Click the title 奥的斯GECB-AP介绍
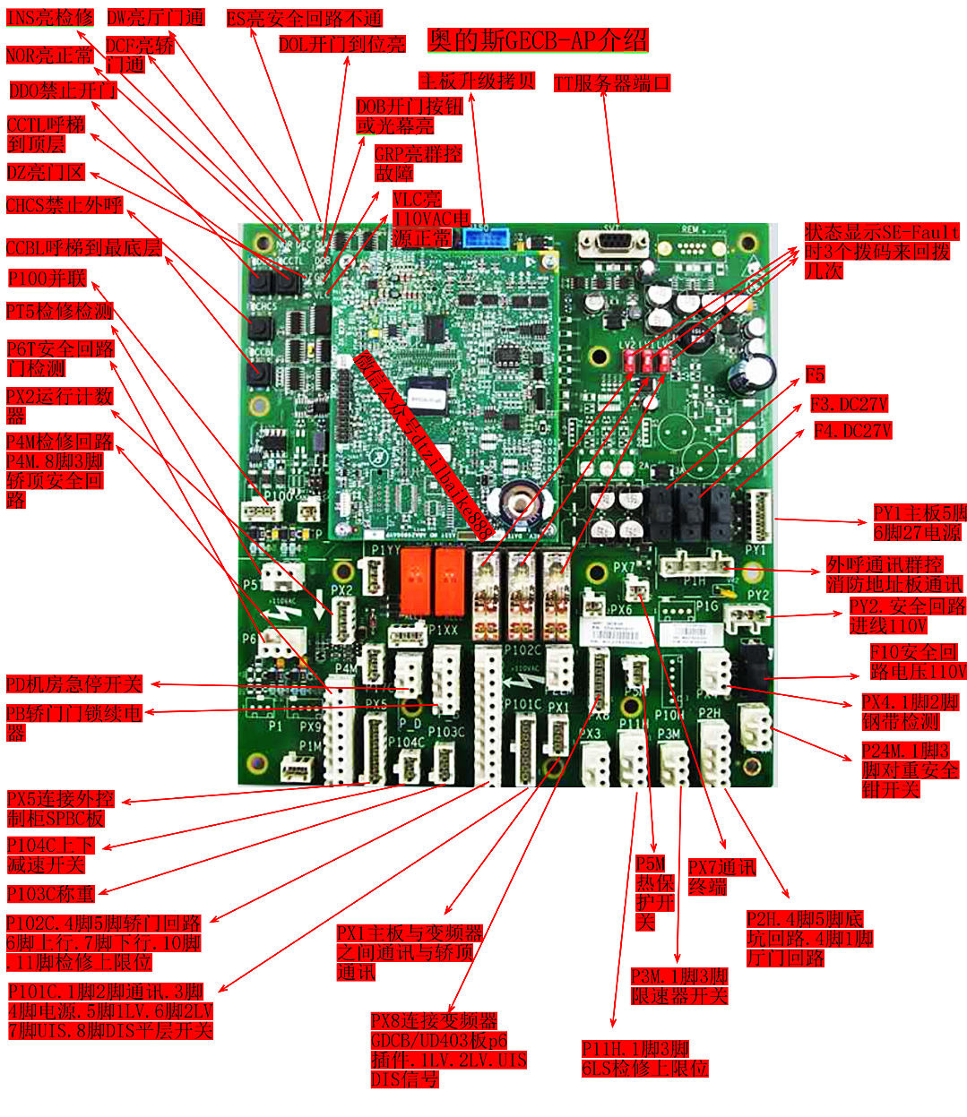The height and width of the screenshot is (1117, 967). pyautogui.click(x=538, y=40)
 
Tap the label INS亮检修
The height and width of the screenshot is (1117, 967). pyautogui.click(x=49, y=18)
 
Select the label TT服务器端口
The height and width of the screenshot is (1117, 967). pyautogui.click(x=612, y=83)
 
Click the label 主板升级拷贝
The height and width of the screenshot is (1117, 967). pyautogui.click(x=477, y=82)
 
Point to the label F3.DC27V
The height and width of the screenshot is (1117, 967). pyautogui.click(x=849, y=404)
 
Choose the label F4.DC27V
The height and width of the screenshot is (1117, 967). pyautogui.click(x=852, y=431)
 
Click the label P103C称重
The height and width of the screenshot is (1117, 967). pyautogui.click(x=51, y=894)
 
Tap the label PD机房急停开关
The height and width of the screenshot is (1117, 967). pyautogui.click(x=74, y=684)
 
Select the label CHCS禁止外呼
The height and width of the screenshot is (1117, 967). pyautogui.click(x=64, y=205)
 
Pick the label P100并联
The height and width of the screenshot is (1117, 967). pyautogui.click(x=47, y=279)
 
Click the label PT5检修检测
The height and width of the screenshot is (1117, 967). pyautogui.click(x=59, y=311)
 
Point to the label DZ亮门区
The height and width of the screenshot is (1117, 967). pyautogui.click(x=46, y=172)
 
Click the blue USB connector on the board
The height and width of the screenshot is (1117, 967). pyautogui.click(x=480, y=237)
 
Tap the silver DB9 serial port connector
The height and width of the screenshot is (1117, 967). pyautogui.click(x=613, y=244)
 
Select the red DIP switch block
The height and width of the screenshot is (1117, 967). pyautogui.click(x=646, y=360)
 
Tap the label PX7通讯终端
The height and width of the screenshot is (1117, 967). pyautogui.click(x=721, y=877)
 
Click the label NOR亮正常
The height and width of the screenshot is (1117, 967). pyautogui.click(x=49, y=56)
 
